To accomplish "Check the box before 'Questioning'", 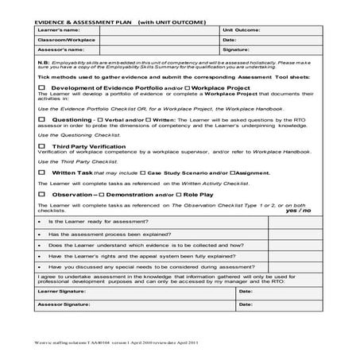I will tap(41, 119).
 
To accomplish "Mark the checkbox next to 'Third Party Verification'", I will tap(41, 146).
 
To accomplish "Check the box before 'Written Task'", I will tap(41, 172).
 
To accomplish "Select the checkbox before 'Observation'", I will tap(41, 194).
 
